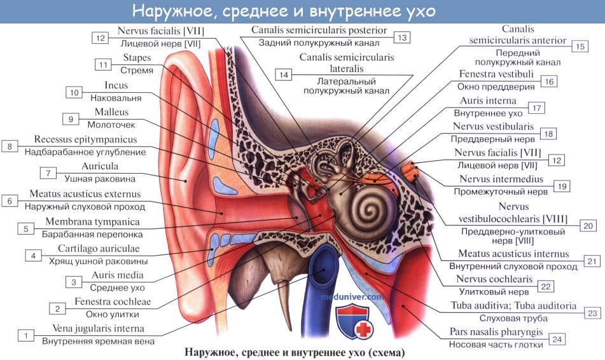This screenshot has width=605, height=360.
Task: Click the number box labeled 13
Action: pos(401,38)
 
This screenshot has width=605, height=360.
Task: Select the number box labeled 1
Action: pos(26,335)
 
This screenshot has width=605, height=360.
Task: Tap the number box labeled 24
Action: pos(557,339)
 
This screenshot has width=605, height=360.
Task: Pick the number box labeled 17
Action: pos(537,108)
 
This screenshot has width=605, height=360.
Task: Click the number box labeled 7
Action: pos(48,173)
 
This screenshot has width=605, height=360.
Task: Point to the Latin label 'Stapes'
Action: pos(137,58)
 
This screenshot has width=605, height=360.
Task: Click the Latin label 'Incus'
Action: pos(116,85)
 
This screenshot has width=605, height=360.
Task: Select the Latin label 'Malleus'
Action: pos(111,112)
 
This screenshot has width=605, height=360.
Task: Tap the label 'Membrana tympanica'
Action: pos(92,222)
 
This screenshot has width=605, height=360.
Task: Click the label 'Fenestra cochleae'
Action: pos(113,301)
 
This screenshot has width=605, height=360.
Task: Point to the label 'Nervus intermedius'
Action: pos(501,179)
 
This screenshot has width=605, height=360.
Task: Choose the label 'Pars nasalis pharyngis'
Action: pos(496,332)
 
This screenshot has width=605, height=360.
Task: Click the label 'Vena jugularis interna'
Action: pos(99,329)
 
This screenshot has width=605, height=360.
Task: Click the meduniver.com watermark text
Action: pos(352,297)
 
